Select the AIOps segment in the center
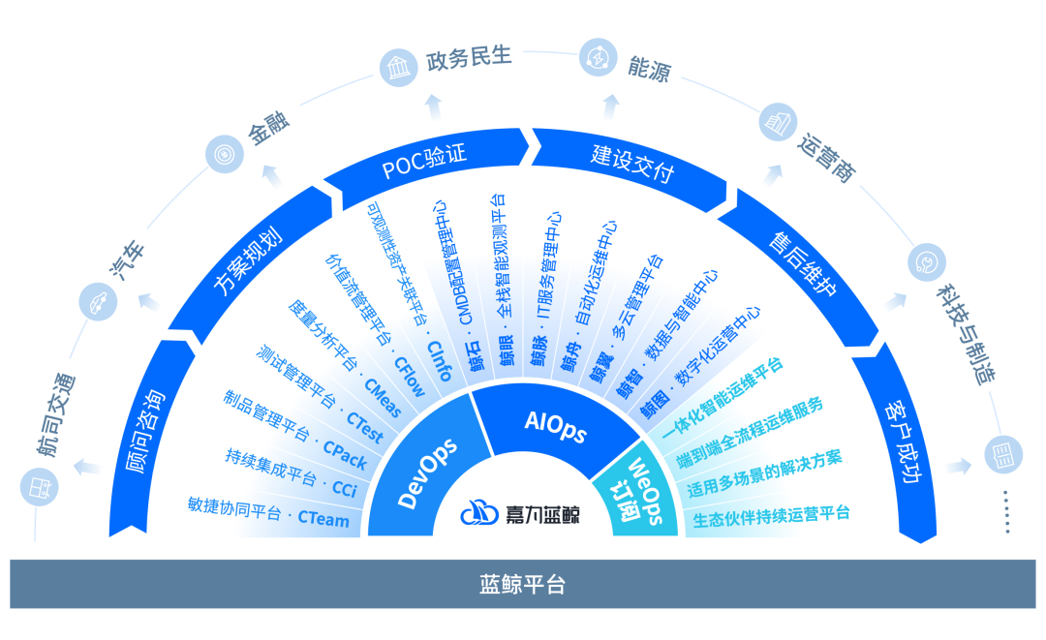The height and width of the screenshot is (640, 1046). pos(555,425)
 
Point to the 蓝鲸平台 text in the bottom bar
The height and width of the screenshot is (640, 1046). pos(522,585)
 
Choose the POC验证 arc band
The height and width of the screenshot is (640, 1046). pos(424,166)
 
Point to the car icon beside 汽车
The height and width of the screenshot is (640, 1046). pos(99,301)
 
